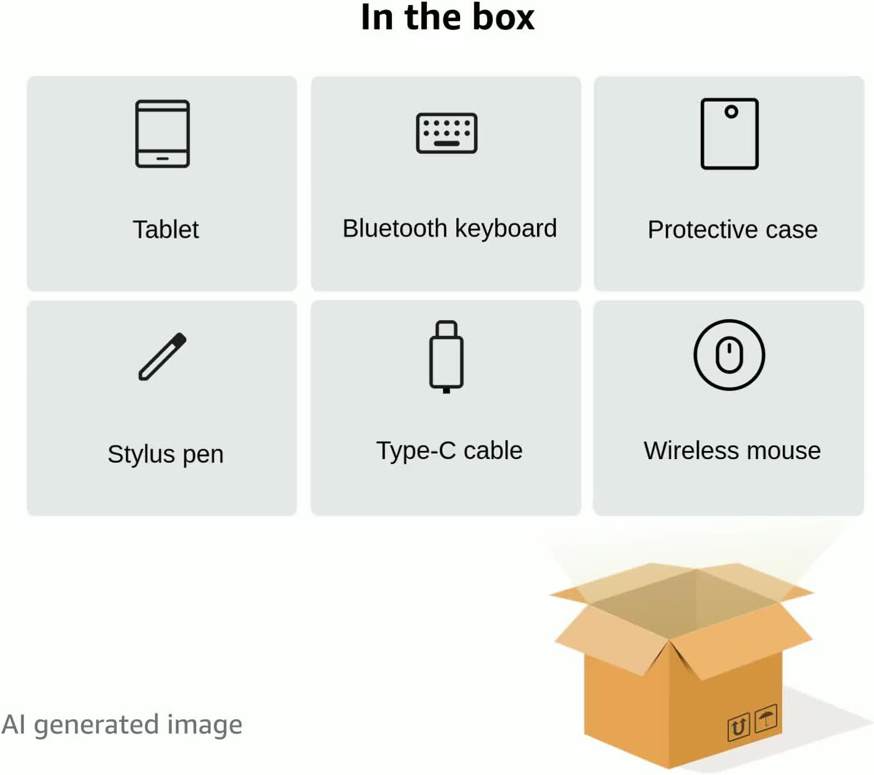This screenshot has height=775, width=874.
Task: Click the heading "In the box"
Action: pos(448,17)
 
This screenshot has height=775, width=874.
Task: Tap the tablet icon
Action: pos(163,133)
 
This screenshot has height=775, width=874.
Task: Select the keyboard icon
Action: pos(446,133)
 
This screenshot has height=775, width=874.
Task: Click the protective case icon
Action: pos(730,133)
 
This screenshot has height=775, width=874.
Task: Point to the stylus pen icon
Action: pos(163,357)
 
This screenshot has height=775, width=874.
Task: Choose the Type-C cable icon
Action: pos(446,356)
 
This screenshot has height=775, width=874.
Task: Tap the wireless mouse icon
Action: pos(729,355)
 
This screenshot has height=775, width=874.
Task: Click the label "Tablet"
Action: pos(166,230)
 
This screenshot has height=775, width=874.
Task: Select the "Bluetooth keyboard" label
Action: pos(450,228)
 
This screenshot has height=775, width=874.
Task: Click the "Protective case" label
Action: pos(732,230)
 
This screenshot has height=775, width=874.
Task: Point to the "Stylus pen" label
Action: pos(166,454)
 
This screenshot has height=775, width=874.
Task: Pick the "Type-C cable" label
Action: pos(450,450)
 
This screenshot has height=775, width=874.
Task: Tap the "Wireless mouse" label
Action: pos(732,450)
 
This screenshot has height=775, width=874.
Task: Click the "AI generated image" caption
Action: pos(122,724)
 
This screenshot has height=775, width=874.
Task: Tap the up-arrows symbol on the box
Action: pos(738,727)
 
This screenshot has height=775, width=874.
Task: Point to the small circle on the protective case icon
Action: pos(731,112)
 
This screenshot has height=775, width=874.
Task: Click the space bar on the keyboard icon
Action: pos(446,144)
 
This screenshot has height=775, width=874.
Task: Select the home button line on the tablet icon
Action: pos(163,159)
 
